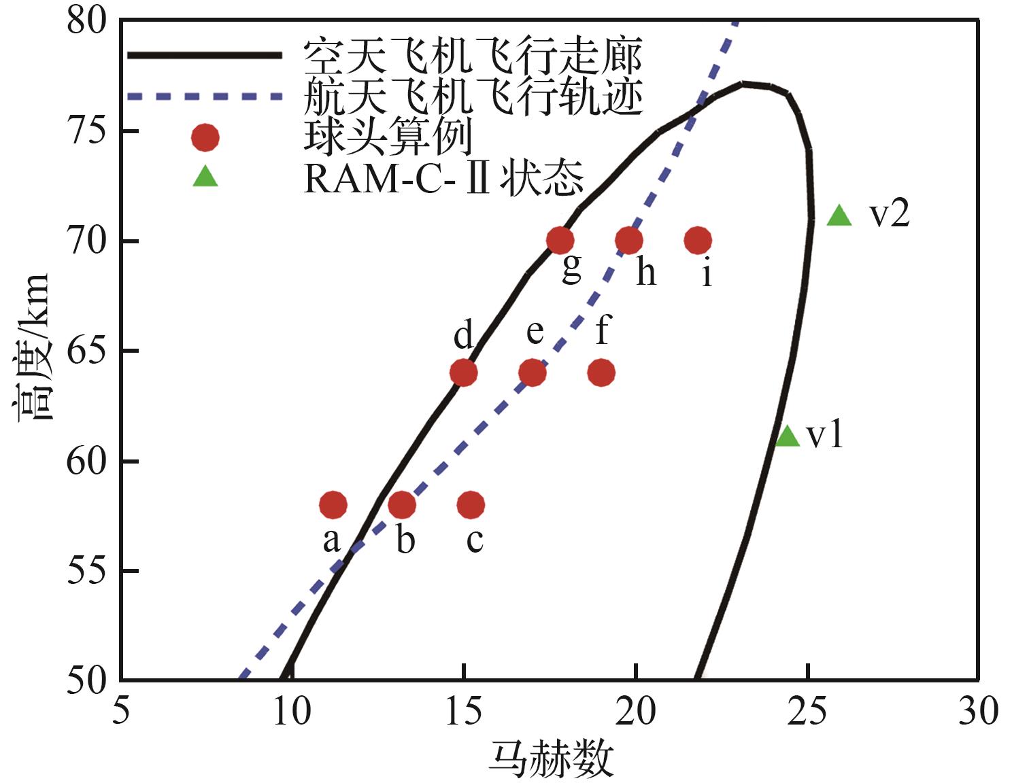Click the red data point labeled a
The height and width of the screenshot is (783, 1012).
[x=333, y=505]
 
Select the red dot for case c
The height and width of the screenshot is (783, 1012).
[x=471, y=505]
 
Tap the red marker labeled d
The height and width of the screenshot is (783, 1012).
[x=463, y=372]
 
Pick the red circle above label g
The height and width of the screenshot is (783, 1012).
[x=560, y=240]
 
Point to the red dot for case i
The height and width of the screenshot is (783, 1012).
[x=698, y=240]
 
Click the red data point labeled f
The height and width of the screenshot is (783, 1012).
[x=601, y=372]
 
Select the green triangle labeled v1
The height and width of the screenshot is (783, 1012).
[x=788, y=436]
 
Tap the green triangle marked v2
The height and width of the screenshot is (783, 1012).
[x=839, y=216]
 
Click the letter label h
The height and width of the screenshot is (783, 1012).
[x=646, y=273]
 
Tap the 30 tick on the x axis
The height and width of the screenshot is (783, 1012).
[x=978, y=712]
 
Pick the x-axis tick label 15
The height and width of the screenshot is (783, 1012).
[x=463, y=712]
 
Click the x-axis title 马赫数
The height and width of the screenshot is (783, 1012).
[x=551, y=759]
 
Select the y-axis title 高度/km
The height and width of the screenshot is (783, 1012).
[x=32, y=347]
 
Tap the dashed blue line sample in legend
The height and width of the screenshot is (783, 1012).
[x=205, y=97]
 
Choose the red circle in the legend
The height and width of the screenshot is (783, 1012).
[x=205, y=138]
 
